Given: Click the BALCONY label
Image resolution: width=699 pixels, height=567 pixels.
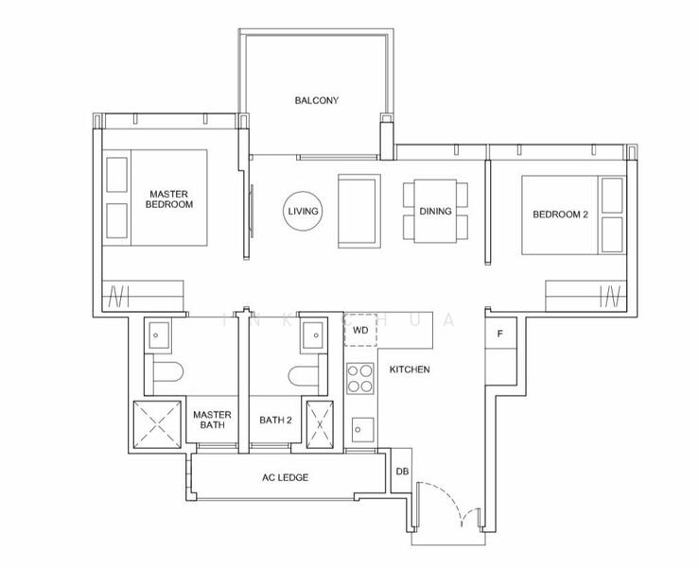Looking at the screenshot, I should tap(316, 100).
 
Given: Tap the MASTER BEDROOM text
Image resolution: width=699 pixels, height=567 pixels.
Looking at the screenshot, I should tap(170, 199).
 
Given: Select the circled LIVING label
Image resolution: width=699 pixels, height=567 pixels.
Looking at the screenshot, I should tap(303, 212).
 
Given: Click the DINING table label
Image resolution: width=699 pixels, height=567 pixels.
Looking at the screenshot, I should tap(435, 212).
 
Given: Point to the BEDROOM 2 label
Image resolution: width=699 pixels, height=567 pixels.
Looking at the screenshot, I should tap(560, 215).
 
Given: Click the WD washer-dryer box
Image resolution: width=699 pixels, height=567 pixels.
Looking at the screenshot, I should tap(360, 332).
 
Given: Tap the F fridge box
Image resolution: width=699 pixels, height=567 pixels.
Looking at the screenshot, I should tap(498, 334).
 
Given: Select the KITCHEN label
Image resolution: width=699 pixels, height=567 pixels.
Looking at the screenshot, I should tap(410, 369).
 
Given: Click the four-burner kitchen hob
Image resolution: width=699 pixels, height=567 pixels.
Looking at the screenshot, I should tap(360, 378).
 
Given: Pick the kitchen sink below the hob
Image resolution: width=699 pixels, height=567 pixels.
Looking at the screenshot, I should tap(360, 428).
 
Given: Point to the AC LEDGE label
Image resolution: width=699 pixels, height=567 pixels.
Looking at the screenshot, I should tap(286, 477).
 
